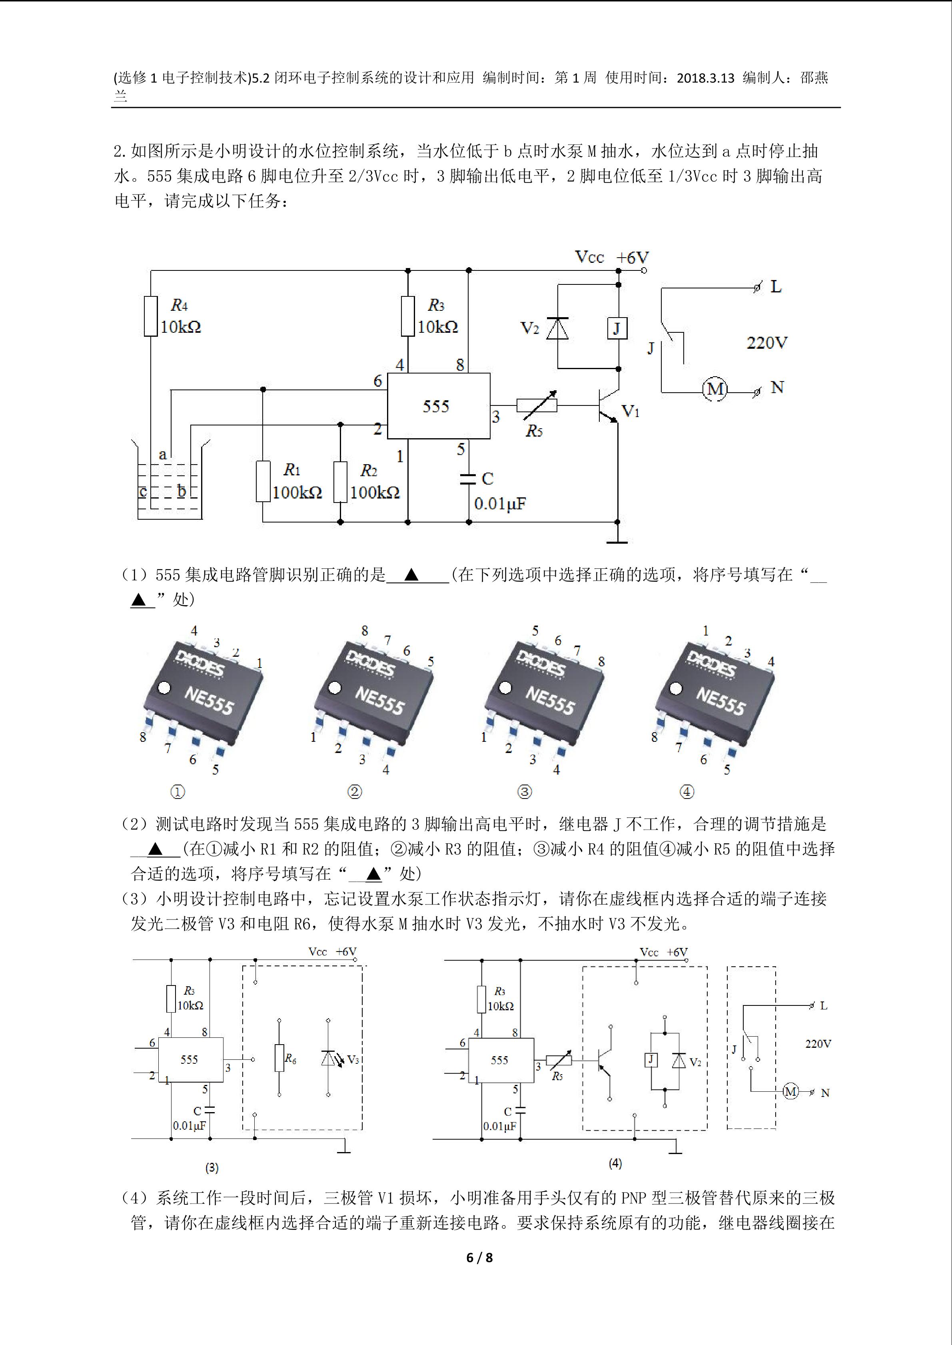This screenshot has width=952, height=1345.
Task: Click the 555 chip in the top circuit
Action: [x=438, y=405]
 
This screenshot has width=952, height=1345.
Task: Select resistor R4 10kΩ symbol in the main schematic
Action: [x=151, y=316]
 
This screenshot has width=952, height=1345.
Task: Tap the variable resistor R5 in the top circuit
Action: [x=536, y=404]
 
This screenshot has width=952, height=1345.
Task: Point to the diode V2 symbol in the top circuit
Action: [x=557, y=328]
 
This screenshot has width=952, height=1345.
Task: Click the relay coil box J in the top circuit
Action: [x=617, y=328]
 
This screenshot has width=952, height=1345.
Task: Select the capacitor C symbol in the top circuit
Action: [x=468, y=479]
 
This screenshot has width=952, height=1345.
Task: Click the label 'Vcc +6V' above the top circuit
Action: [x=611, y=257]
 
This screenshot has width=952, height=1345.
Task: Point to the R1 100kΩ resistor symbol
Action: [x=263, y=481]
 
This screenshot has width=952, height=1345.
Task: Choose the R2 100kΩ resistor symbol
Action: [x=340, y=481]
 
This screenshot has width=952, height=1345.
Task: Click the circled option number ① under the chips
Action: [x=178, y=792]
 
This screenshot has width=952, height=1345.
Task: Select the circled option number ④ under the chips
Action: [x=687, y=792]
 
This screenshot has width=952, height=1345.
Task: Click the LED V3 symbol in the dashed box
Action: [x=328, y=1058]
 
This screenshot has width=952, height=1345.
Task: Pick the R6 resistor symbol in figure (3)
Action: [x=279, y=1058]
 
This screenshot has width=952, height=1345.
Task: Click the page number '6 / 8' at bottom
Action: [x=479, y=1257]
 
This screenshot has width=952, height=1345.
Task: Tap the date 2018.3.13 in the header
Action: [x=705, y=78]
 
